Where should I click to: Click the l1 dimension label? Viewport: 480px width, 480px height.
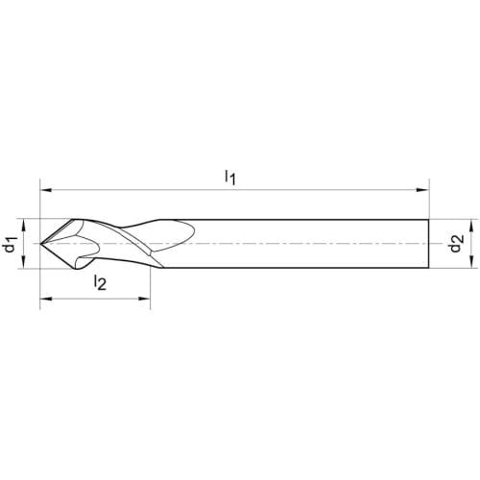pyautogui.click(x=230, y=177)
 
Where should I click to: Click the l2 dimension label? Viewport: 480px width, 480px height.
pyautogui.click(x=100, y=282)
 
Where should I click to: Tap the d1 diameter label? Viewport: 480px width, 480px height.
pyautogui.click(x=11, y=244)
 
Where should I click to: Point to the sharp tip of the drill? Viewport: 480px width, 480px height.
pyautogui.click(x=40, y=244)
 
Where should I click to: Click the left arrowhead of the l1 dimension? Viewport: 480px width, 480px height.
pyautogui.click(x=45, y=190)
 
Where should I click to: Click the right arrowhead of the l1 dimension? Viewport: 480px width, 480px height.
pyautogui.click(x=422, y=190)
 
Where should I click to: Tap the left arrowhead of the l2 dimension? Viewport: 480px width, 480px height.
pyautogui.click(x=45, y=299)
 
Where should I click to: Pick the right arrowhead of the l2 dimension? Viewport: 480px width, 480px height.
pyautogui.click(x=144, y=299)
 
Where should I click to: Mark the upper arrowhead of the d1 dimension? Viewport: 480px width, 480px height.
pyautogui.click(x=24, y=225)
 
